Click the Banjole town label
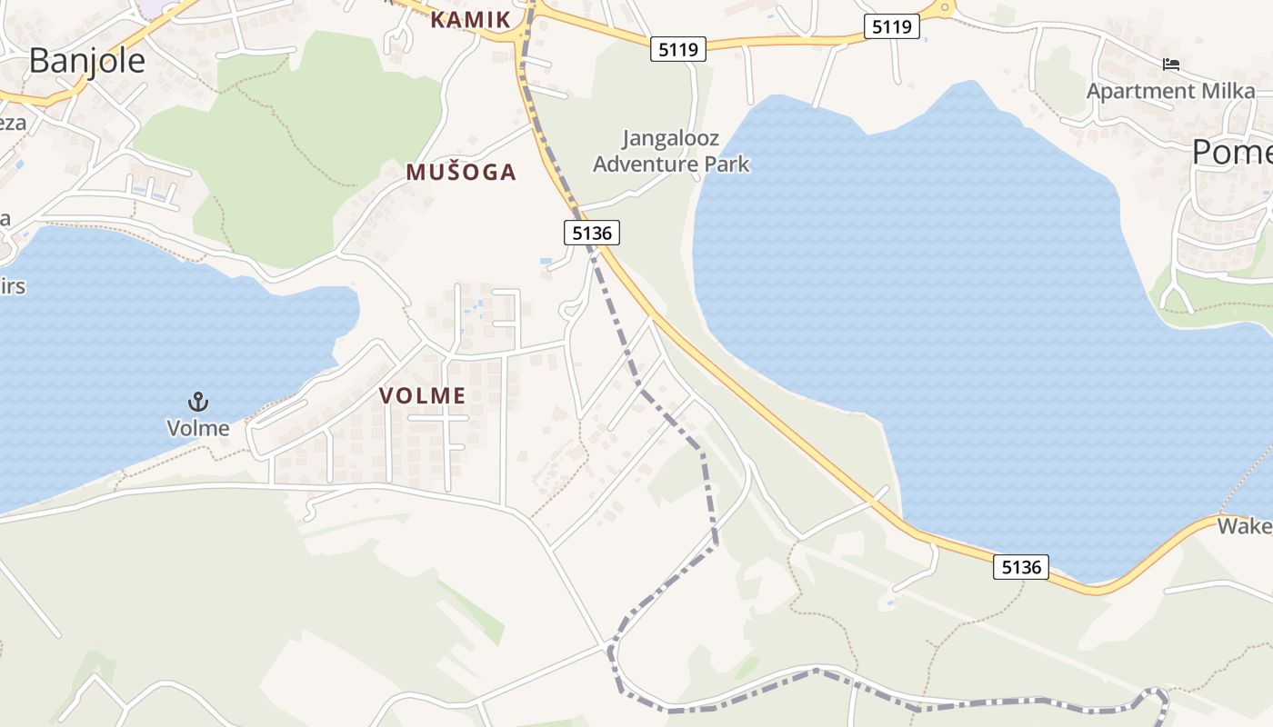click(x=86, y=60)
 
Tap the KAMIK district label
click(x=470, y=19)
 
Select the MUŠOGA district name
click(x=461, y=172)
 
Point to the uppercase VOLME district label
click(x=422, y=395)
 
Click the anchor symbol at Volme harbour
click(x=197, y=401)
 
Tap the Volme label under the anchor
click(x=197, y=427)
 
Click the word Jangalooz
click(x=671, y=139)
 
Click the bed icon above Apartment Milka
click(x=1171, y=65)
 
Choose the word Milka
click(x=1228, y=91)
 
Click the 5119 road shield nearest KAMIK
click(x=678, y=50)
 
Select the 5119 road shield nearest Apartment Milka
click(x=891, y=27)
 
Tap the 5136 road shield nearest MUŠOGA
click(x=592, y=234)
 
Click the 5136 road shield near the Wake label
click(x=1020, y=568)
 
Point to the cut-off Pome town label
click(x=1232, y=152)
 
